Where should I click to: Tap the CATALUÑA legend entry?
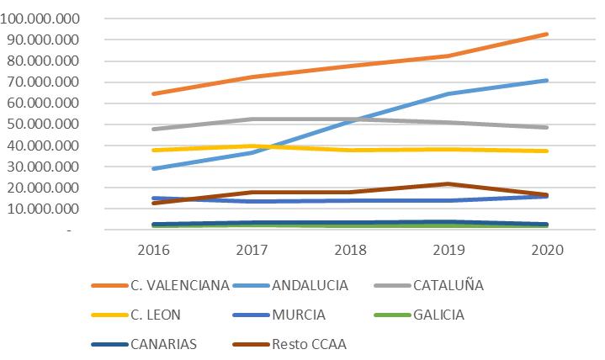tap(448, 285)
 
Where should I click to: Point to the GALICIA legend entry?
tap(439, 315)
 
